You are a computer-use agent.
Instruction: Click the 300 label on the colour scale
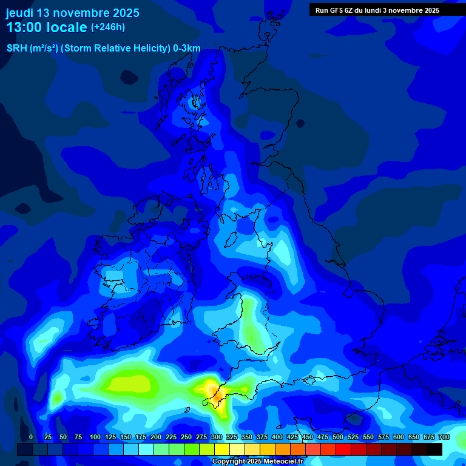(x=217, y=437)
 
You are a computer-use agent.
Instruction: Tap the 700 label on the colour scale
(x=444, y=437)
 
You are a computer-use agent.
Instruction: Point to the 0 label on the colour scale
(x=31, y=437)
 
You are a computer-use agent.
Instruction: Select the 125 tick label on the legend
(x=110, y=437)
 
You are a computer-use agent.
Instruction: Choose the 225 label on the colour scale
(x=171, y=437)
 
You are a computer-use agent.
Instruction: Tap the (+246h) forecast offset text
(x=108, y=27)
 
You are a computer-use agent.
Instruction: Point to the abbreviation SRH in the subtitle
(x=16, y=49)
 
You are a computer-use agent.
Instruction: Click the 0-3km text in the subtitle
(x=186, y=49)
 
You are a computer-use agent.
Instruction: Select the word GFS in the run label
(x=339, y=10)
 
